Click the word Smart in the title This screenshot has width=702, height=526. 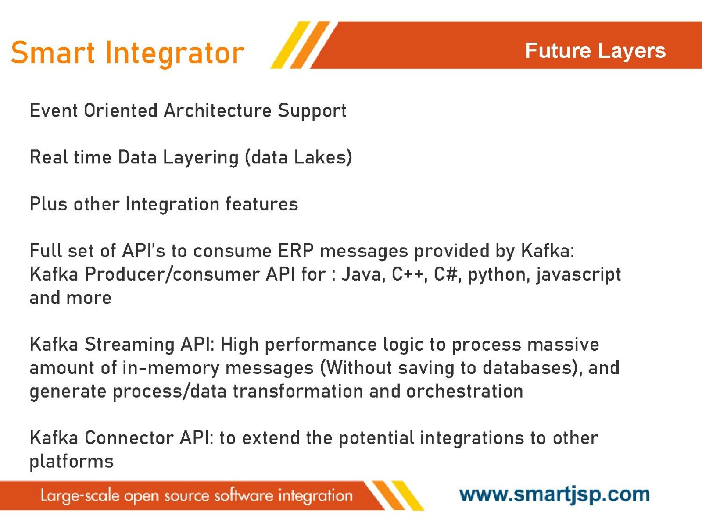point(53,52)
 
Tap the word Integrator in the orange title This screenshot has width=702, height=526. point(175,55)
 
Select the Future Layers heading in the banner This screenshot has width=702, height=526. point(595,51)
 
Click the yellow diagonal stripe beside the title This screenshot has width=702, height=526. point(290,45)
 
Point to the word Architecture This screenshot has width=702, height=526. point(218,110)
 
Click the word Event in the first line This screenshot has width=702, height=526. point(54,110)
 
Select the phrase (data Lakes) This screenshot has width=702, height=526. point(298,157)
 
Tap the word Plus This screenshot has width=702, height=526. point(48,204)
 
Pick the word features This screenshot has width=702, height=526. point(261,204)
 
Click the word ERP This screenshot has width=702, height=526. point(296,251)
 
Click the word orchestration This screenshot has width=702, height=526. point(465,391)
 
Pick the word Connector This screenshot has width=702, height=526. point(129,438)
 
